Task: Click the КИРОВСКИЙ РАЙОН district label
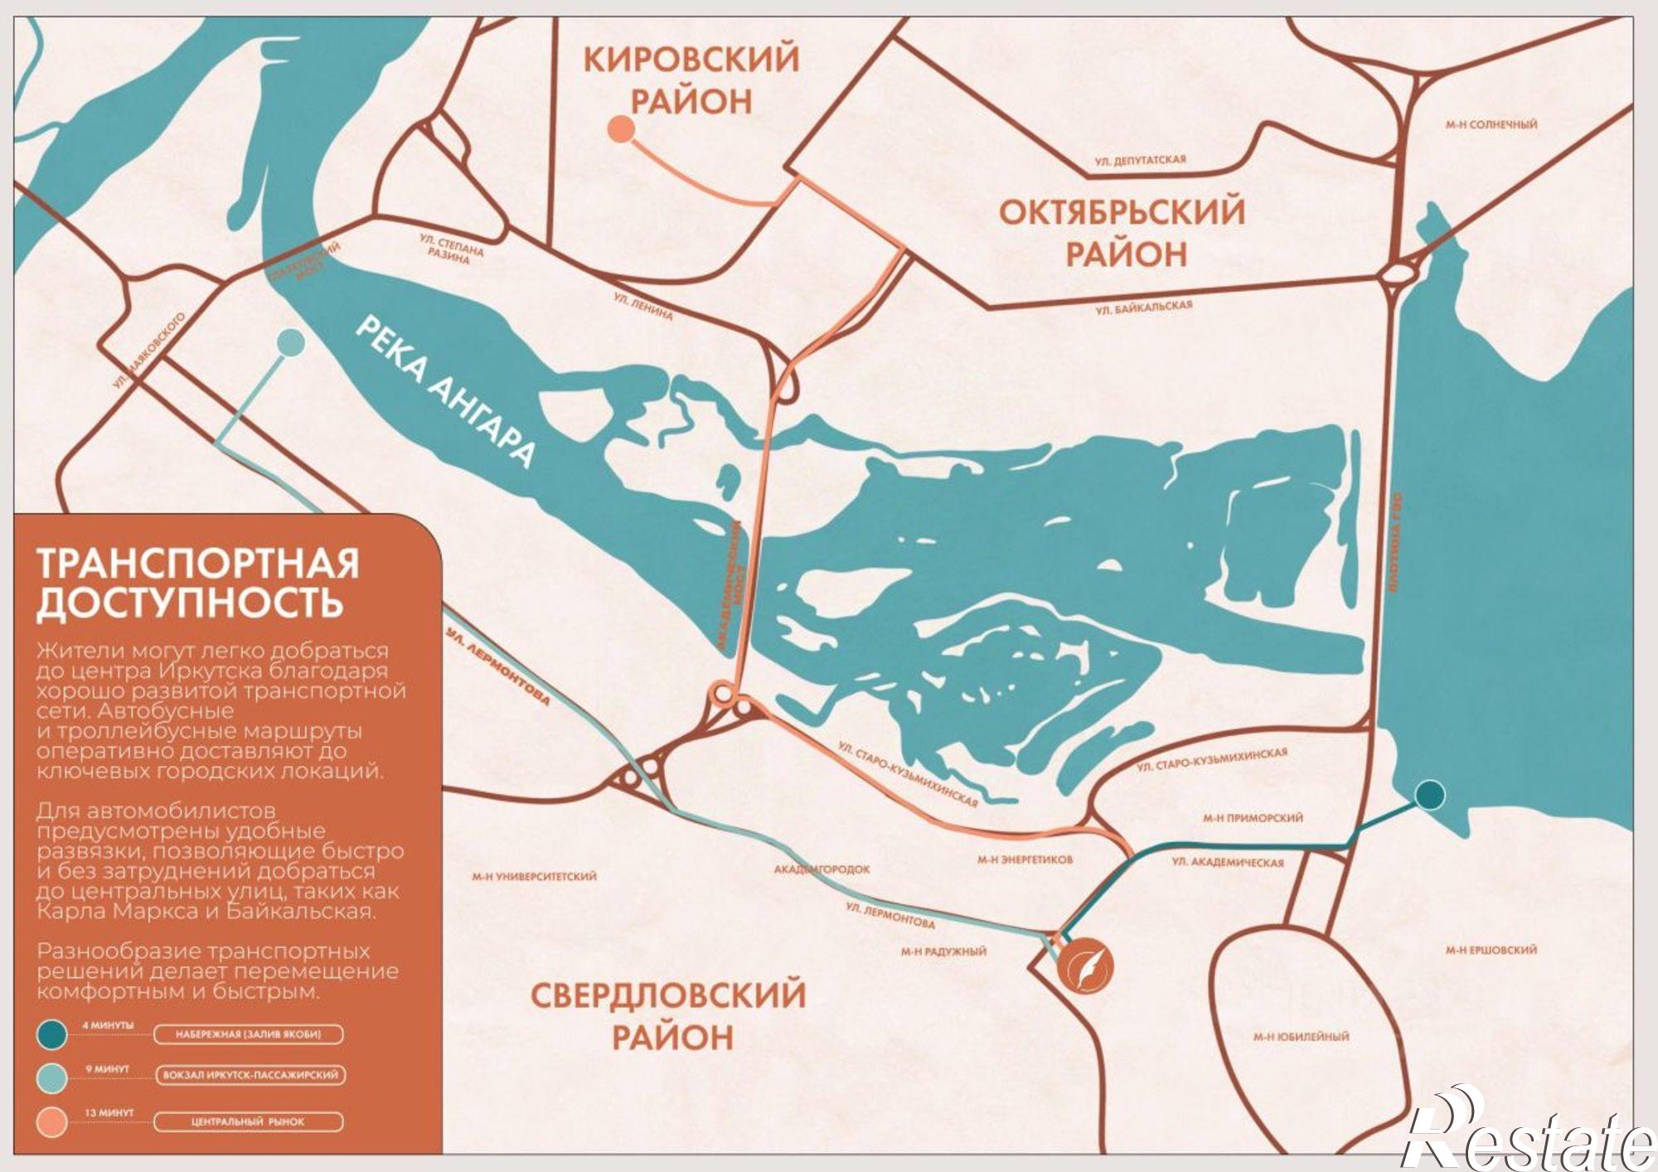point(691,80)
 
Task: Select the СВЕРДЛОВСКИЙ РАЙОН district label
point(668,1016)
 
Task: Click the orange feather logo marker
point(1086,965)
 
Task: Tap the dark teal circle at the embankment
point(1428,795)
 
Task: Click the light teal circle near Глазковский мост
point(289,341)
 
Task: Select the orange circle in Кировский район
point(621,129)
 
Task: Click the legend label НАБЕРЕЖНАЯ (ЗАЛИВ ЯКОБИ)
point(248,1034)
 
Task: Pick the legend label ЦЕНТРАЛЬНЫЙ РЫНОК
point(248,1122)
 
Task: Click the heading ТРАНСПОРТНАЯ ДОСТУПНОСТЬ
point(197,583)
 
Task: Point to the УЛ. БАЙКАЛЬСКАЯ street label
point(1143,308)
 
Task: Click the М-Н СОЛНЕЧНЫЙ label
point(1491,125)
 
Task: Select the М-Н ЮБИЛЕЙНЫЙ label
point(1301,1037)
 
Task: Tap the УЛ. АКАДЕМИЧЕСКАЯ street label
point(1227,863)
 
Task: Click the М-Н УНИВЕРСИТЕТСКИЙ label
point(534,876)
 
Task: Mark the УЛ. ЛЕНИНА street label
point(643,305)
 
